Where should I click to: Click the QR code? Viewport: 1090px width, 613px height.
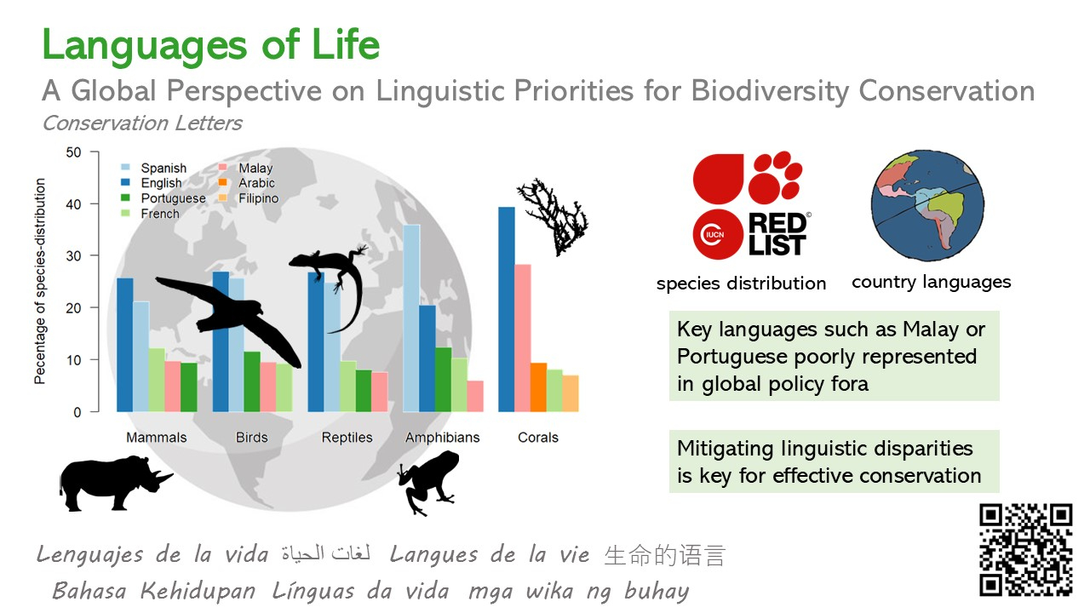click(x=1026, y=550)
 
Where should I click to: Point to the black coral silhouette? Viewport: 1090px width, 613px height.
click(x=554, y=216)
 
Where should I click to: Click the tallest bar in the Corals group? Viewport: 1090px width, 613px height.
click(x=506, y=309)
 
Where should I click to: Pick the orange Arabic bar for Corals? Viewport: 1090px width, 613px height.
click(x=538, y=387)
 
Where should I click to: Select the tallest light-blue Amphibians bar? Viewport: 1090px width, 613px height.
click(x=411, y=318)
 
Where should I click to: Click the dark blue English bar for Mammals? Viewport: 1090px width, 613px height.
click(x=125, y=345)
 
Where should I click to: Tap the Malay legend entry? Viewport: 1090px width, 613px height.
click(x=246, y=168)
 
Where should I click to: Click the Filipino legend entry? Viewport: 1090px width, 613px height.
click(x=249, y=198)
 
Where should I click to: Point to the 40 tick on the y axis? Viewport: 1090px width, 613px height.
click(x=73, y=203)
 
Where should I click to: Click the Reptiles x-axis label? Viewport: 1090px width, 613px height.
click(x=347, y=438)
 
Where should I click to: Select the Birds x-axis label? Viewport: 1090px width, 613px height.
click(x=251, y=438)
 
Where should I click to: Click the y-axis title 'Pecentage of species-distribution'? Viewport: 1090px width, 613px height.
click(x=40, y=281)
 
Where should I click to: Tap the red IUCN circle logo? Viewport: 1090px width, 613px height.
click(x=718, y=234)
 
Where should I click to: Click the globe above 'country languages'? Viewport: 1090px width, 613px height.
click(x=927, y=205)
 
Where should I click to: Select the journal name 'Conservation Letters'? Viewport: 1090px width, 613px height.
click(x=142, y=123)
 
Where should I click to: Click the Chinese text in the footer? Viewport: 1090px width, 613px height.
click(x=665, y=555)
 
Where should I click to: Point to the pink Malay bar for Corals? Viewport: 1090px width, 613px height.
click(x=522, y=338)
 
